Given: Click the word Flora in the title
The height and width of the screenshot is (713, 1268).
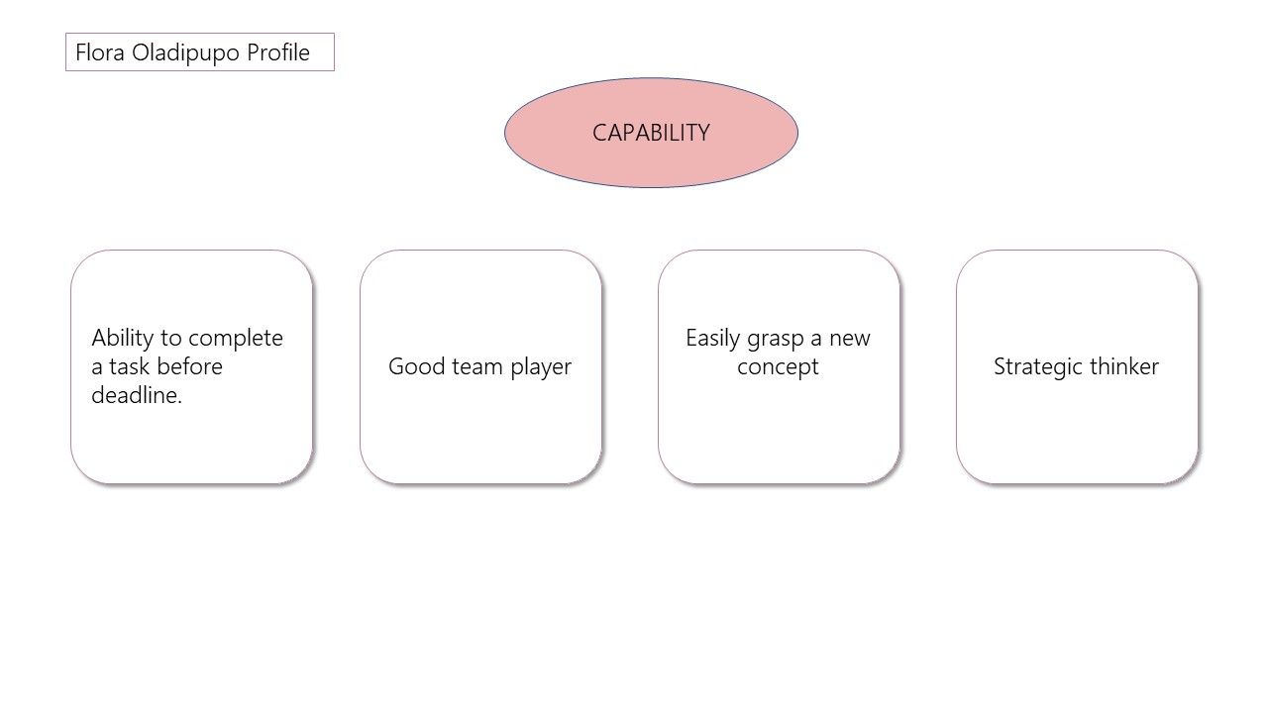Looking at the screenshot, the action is pos(100,52).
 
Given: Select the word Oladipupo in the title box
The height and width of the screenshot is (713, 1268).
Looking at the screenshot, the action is pos(185,53).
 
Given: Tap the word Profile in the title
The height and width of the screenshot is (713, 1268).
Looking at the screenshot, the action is pos(278,52).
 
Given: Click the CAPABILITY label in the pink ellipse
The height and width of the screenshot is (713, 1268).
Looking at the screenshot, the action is pos(651,133).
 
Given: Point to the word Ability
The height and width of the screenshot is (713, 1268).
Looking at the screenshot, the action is pos(122,339).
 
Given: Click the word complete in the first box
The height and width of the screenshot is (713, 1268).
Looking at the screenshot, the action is pos(236,339).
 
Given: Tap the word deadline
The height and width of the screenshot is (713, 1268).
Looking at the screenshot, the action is pos(137,395).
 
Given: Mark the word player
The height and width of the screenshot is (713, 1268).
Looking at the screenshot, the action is pos(541,367).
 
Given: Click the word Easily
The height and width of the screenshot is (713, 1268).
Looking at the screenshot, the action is pos(712,339).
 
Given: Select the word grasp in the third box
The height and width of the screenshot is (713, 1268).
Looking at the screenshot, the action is pos(776,340).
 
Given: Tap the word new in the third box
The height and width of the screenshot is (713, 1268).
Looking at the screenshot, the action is pos(850,339).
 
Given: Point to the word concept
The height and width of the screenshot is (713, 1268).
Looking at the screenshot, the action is pos(778,367).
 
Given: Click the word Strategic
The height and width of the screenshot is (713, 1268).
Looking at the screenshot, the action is pos(1038,367).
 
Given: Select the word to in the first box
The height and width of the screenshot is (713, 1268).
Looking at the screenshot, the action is pos(170,339).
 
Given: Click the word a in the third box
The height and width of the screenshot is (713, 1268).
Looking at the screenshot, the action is pos(816,340).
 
